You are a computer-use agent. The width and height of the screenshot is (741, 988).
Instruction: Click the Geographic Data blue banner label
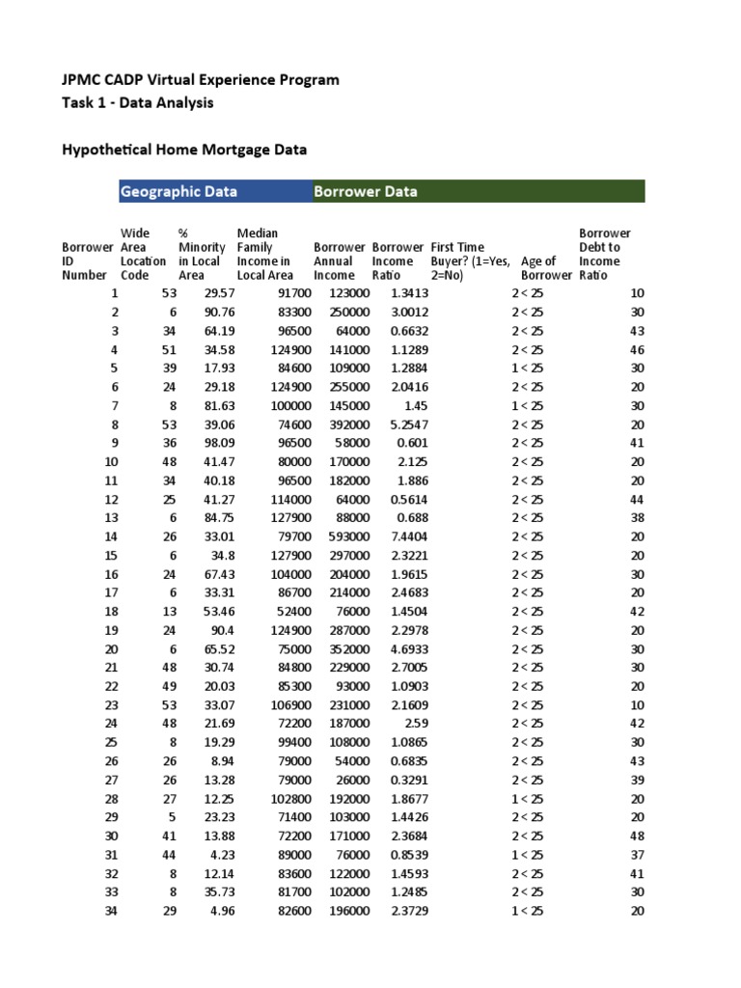(178, 191)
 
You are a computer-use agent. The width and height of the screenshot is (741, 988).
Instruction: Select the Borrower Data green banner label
(366, 191)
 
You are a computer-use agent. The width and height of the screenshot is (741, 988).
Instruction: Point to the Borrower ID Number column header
(84, 261)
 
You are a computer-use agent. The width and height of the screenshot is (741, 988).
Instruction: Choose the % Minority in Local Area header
(202, 254)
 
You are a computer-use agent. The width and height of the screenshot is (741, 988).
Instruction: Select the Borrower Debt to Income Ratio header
(605, 254)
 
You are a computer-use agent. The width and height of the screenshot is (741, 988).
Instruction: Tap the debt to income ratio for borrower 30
(637, 836)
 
